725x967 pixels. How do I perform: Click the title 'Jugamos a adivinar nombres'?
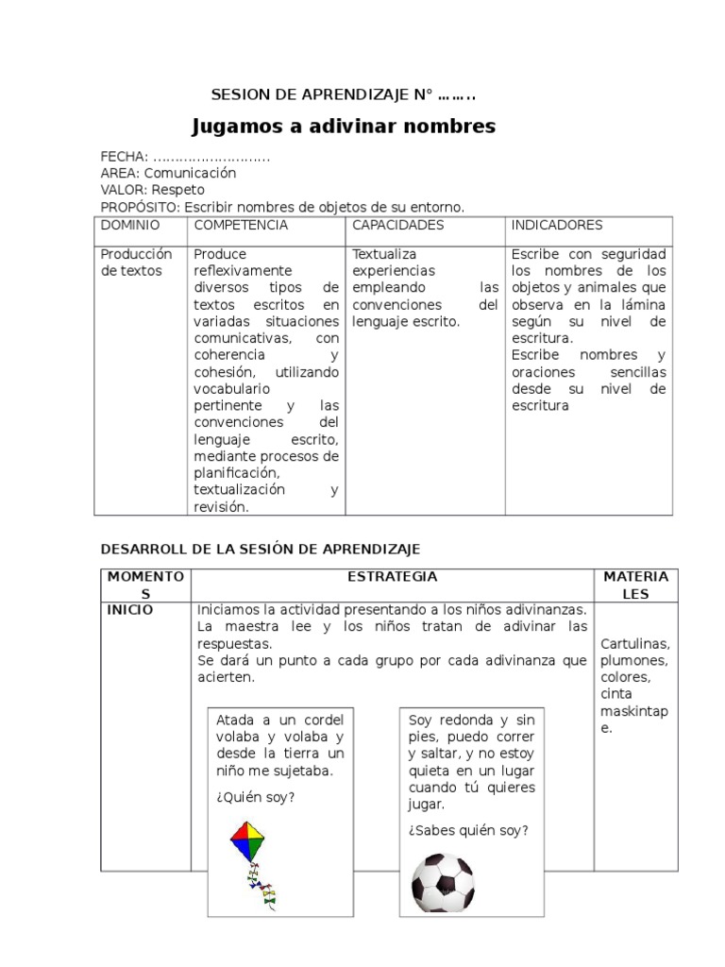pyautogui.click(x=344, y=127)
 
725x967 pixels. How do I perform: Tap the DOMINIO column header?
pyautogui.click(x=130, y=226)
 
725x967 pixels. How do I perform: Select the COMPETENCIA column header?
pyautogui.click(x=241, y=226)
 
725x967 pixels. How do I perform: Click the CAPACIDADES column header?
pyautogui.click(x=397, y=226)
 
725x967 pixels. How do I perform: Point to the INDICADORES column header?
pyautogui.click(x=557, y=226)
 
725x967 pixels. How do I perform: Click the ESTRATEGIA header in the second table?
pyautogui.click(x=392, y=576)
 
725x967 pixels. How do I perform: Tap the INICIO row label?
pyautogui.click(x=130, y=610)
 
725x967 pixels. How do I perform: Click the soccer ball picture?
pyautogui.click(x=443, y=882)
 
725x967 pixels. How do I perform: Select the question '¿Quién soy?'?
pyautogui.click(x=255, y=797)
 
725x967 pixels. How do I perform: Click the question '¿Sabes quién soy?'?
pyautogui.click(x=468, y=830)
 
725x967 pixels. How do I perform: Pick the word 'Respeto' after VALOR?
pyautogui.click(x=178, y=190)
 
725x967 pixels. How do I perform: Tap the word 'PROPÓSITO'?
pyautogui.click(x=140, y=207)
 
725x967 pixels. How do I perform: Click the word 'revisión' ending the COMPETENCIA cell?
pyautogui.click(x=220, y=507)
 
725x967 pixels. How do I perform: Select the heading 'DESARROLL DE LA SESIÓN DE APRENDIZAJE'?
pyautogui.click(x=260, y=549)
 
